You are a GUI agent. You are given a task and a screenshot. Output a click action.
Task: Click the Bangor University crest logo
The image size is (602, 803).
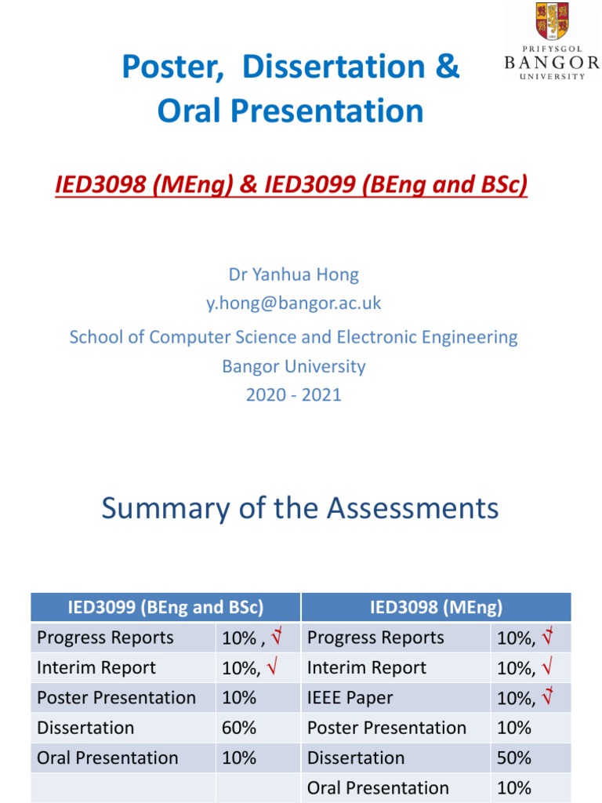pyautogui.click(x=552, y=21)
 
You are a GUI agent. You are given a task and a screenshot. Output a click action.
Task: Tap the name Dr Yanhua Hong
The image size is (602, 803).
pyautogui.click(x=293, y=274)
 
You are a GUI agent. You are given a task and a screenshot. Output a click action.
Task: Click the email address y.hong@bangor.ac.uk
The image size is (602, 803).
pyautogui.click(x=293, y=303)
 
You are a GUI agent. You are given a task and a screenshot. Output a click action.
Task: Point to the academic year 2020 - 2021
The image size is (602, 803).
pyautogui.click(x=293, y=394)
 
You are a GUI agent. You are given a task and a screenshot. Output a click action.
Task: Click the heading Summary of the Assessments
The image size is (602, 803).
pyautogui.click(x=300, y=508)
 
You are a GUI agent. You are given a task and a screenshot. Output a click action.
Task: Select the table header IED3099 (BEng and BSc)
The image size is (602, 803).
pyautogui.click(x=165, y=607)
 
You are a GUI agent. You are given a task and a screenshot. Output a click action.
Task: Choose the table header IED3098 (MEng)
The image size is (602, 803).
pyautogui.click(x=436, y=607)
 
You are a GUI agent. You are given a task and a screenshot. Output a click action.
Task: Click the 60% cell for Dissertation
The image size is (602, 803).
pyautogui.click(x=239, y=728)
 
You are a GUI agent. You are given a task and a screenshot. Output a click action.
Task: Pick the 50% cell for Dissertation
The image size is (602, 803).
pyautogui.click(x=514, y=758)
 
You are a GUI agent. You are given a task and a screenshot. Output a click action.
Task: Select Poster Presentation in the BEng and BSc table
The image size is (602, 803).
pyautogui.click(x=116, y=698)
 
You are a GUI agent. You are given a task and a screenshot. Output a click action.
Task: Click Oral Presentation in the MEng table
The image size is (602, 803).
pyautogui.click(x=378, y=787)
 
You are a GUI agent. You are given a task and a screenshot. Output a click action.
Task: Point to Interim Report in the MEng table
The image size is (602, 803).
pyautogui.click(x=367, y=668)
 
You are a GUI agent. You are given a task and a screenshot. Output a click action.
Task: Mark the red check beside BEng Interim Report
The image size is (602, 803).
pyautogui.click(x=272, y=667)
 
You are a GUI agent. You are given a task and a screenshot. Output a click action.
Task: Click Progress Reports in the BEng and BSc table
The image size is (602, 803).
pyautogui.click(x=105, y=638)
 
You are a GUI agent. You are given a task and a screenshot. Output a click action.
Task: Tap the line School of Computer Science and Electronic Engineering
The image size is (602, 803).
pyautogui.click(x=293, y=337)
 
